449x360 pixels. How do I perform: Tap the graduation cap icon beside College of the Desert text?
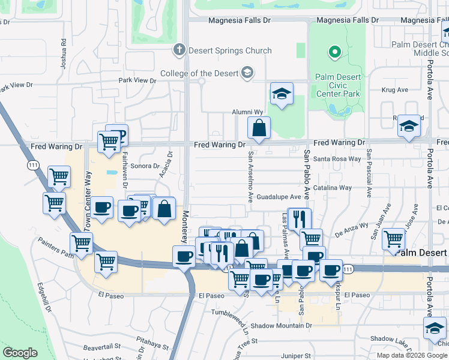tap(246, 73)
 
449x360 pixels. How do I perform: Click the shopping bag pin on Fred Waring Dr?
tap(259, 128)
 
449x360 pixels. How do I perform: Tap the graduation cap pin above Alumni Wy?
tap(281, 94)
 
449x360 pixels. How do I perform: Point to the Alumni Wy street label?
tap(248, 112)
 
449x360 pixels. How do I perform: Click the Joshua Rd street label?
tap(63, 54)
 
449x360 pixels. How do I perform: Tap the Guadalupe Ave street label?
tap(278, 197)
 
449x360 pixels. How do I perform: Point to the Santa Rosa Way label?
tap(337, 159)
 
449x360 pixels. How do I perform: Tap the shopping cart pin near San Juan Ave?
tap(393, 238)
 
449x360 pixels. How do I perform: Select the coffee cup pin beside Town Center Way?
tap(101, 208)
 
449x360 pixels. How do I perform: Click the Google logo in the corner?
tap(20, 353)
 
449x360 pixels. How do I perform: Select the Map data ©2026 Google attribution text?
tap(412, 355)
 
